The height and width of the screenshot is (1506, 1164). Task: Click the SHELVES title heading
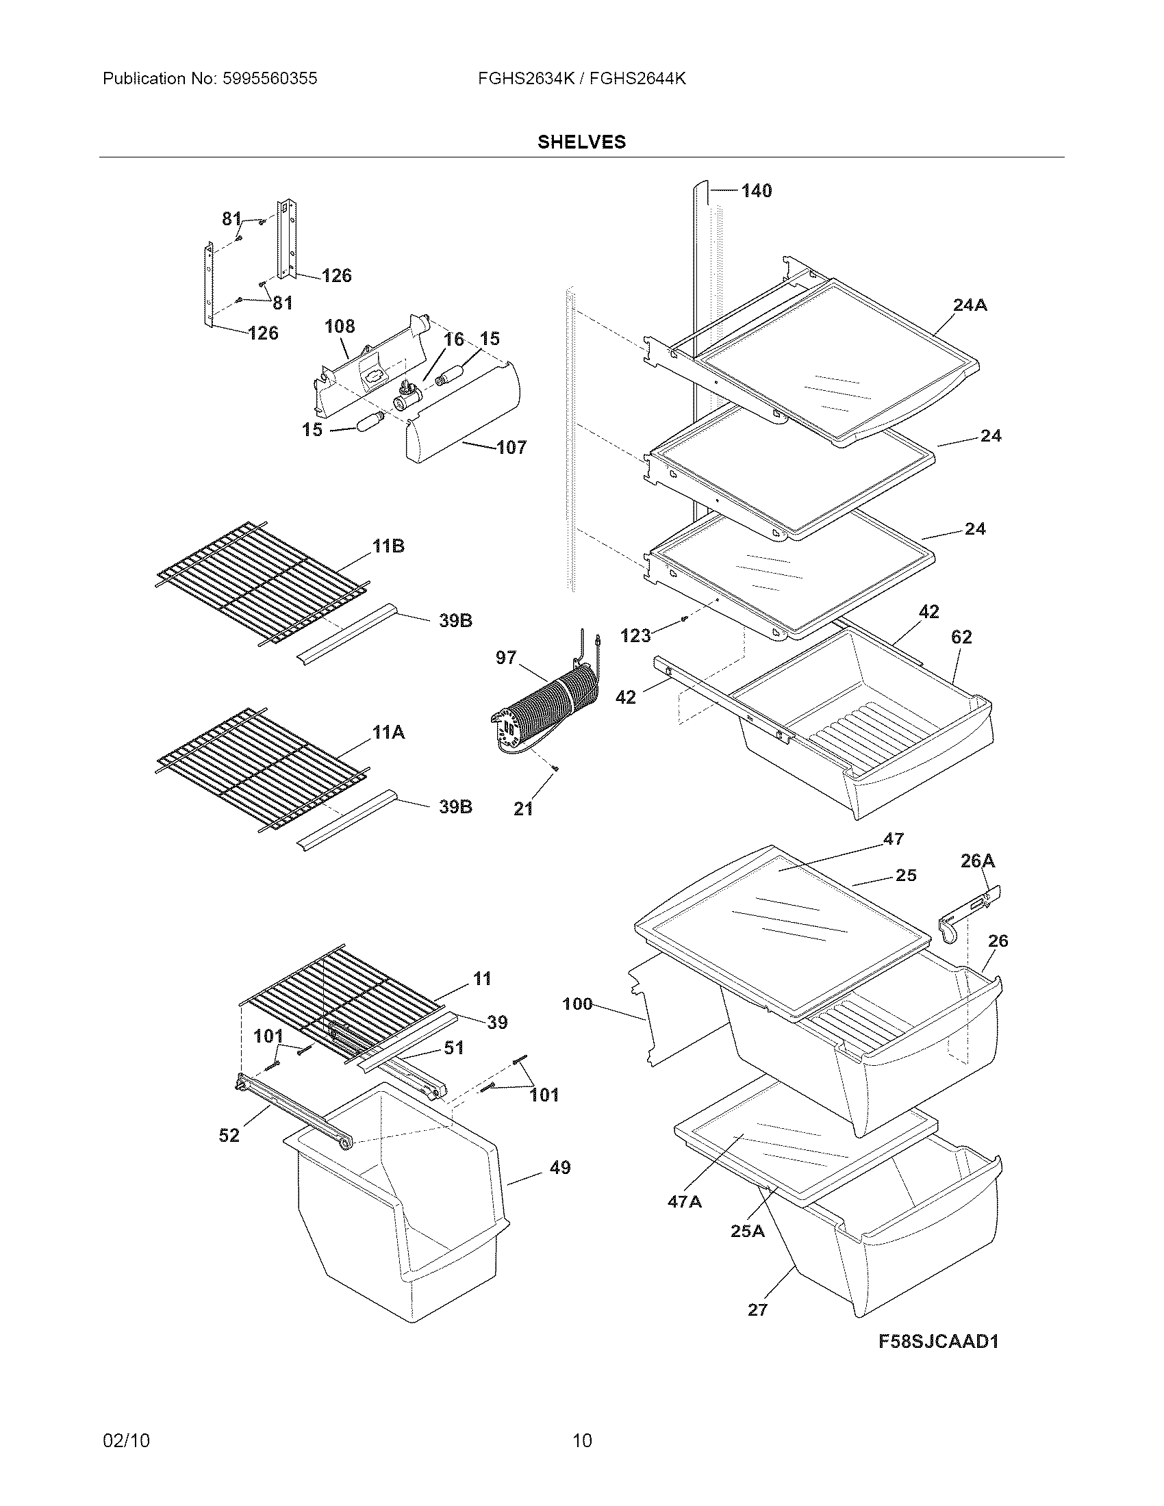tap(581, 142)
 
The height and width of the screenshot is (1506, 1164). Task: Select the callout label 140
tap(757, 191)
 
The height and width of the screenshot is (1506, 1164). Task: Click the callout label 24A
tap(970, 305)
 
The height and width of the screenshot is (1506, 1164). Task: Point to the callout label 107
tap(511, 448)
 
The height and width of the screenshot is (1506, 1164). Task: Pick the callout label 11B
tap(388, 546)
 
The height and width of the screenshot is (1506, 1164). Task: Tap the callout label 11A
tap(388, 732)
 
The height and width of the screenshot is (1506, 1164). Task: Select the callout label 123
tap(635, 636)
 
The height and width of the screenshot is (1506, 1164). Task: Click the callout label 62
tap(961, 637)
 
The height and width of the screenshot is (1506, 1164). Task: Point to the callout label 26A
tap(977, 860)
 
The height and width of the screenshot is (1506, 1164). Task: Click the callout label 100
tap(577, 1004)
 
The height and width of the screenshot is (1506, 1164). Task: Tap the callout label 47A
tap(684, 1202)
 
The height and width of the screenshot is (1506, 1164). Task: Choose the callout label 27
tap(757, 1310)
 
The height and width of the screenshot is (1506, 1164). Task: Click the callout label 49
tap(560, 1167)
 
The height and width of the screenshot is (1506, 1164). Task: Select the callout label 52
tap(229, 1135)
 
